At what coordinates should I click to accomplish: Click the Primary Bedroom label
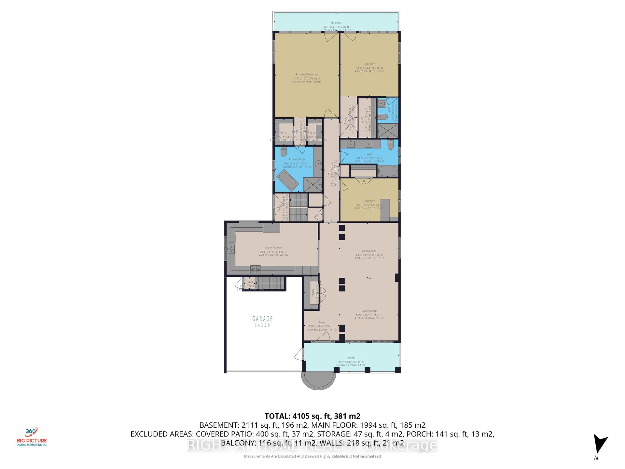click(307, 75)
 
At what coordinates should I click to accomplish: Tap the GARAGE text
click(262, 319)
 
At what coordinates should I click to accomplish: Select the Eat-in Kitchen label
click(273, 248)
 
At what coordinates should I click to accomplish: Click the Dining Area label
click(369, 251)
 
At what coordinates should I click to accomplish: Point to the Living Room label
click(369, 311)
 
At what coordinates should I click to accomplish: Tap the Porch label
click(351, 358)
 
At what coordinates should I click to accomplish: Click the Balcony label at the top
click(336, 23)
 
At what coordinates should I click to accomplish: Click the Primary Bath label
click(297, 160)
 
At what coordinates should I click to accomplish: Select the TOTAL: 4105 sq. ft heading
click(312, 416)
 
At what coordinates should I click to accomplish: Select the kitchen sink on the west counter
click(231, 249)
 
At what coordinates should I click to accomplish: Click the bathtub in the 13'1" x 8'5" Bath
click(387, 171)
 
